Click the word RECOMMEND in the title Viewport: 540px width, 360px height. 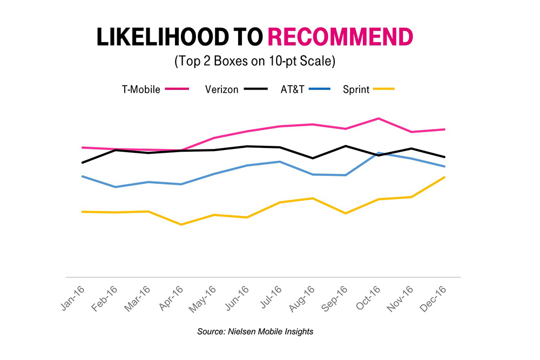pyautogui.click(x=340, y=37)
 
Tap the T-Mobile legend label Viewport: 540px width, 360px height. pyautogui.click(x=140, y=90)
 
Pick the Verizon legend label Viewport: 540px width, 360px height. pyautogui.click(x=221, y=90)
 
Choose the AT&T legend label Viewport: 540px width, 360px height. pyautogui.click(x=293, y=90)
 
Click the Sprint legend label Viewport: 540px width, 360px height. pyautogui.click(x=356, y=90)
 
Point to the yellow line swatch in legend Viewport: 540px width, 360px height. pyautogui.click(x=384, y=90)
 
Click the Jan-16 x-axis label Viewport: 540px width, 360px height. pyautogui.click(x=72, y=297)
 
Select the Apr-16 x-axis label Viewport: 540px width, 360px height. pyautogui.click(x=171, y=298)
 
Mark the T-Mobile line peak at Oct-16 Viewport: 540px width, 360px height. pyautogui.click(x=379, y=118)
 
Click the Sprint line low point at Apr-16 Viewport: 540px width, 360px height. pyautogui.click(x=181, y=224)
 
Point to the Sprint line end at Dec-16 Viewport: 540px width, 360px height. pyautogui.click(x=444, y=177)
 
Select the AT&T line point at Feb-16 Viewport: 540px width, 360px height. pyautogui.click(x=114, y=187)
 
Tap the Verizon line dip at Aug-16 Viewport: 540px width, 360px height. pyautogui.click(x=313, y=158)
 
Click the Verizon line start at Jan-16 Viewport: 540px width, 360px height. pyautogui.click(x=82, y=162)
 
